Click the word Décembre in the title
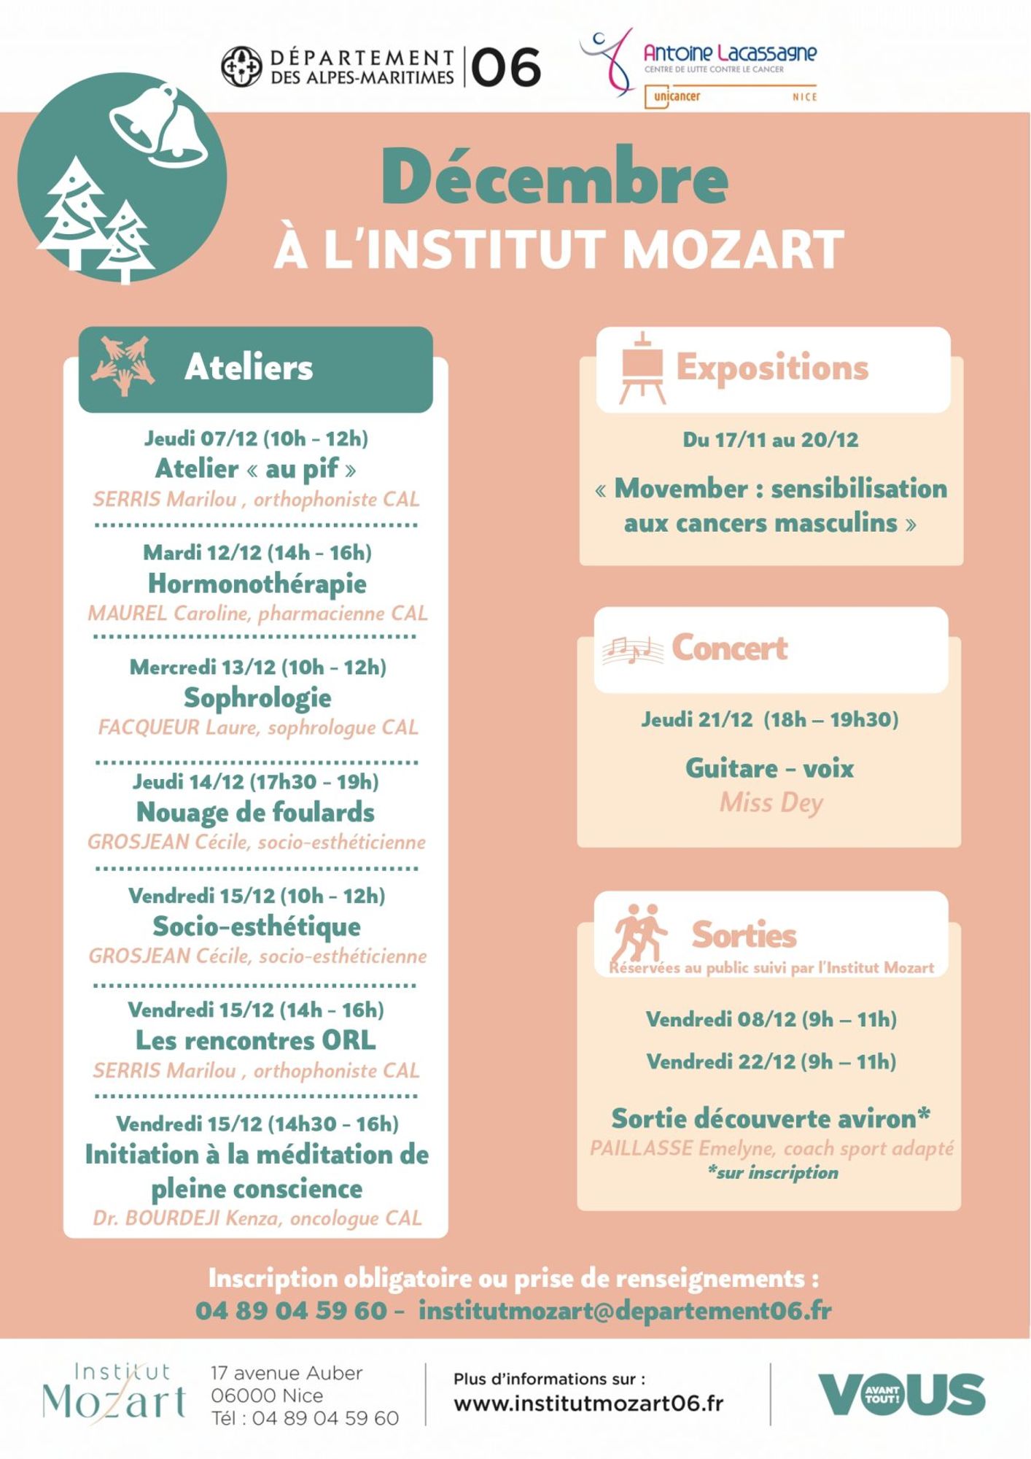[x=554, y=178]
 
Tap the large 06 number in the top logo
[x=506, y=68]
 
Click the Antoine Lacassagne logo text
[x=729, y=53]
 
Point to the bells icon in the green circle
[x=159, y=125]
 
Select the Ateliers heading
[x=249, y=367]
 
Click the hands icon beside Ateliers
[x=122, y=365]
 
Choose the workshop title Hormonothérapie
[x=257, y=584]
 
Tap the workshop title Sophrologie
[x=257, y=698]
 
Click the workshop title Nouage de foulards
[x=255, y=812]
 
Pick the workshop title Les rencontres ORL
[x=256, y=1040]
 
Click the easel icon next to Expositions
[x=642, y=368]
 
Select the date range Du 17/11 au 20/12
[x=771, y=440]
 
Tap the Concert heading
[x=729, y=648]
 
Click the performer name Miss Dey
[x=771, y=802]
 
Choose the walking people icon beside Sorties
[x=639, y=932]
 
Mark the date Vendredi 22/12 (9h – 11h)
[x=771, y=1061]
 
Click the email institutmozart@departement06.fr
[x=625, y=1311]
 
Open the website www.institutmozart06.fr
[x=588, y=1403]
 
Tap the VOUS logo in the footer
[x=901, y=1394]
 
